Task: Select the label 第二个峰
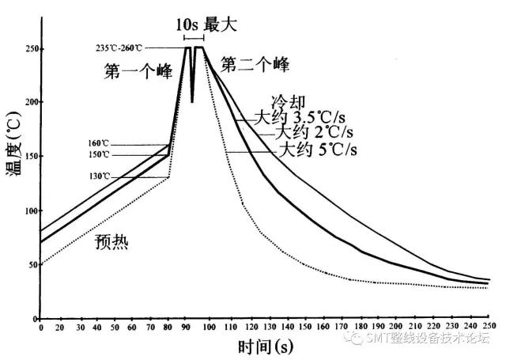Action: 255,63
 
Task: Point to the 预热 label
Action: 110,243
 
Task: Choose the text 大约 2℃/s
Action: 311,133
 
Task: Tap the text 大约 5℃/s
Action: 316,149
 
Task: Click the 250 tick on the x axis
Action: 489,326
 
